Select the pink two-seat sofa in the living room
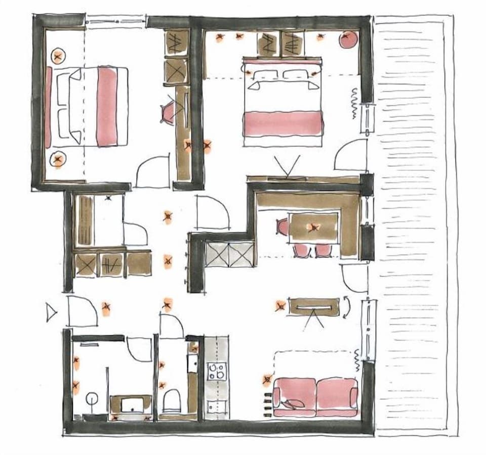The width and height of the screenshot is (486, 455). (x=315, y=397)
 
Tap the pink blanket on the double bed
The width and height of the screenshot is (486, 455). (x=283, y=124)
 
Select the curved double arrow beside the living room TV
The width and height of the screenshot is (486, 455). (x=346, y=307)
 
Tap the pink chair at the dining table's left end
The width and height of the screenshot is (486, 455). (x=282, y=227)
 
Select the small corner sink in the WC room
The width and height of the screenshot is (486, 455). (x=192, y=362)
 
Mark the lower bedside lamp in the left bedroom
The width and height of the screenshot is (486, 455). (x=58, y=160)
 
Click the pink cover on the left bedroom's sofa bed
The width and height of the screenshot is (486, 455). (x=107, y=106)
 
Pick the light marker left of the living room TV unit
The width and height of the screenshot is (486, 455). (x=279, y=305)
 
